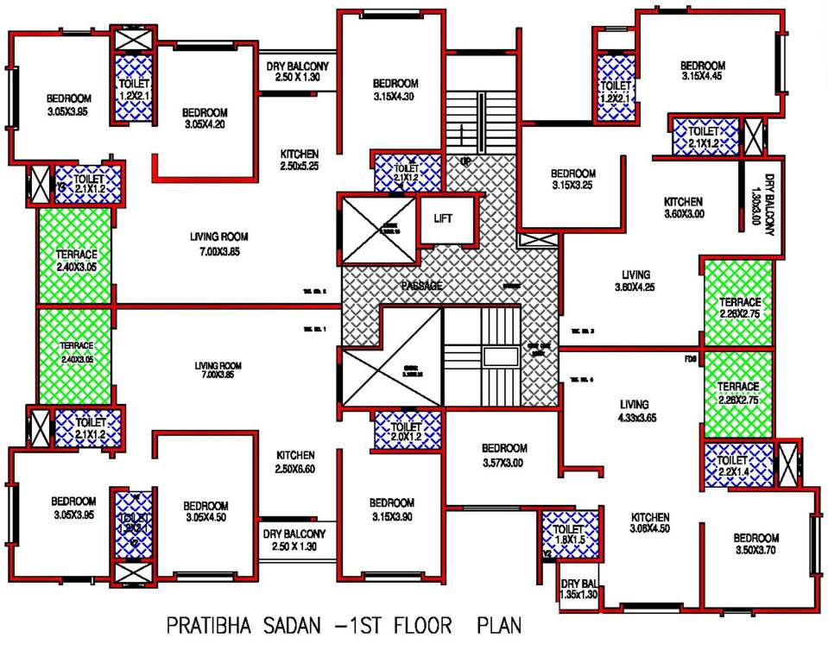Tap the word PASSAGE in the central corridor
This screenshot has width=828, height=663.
tap(420, 286)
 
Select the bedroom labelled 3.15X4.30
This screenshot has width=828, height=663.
tap(395, 90)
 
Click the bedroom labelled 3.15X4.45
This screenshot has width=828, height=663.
tap(701, 71)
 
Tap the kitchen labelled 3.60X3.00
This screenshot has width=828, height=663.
tap(684, 207)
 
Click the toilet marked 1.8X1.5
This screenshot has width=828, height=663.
tap(569, 534)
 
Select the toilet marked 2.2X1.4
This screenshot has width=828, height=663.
tap(736, 466)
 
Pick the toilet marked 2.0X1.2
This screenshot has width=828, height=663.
tap(407, 432)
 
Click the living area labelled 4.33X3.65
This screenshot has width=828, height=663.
tap(639, 410)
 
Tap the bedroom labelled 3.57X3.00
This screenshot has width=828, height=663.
tap(504, 455)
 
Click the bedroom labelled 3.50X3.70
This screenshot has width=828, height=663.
tap(757, 543)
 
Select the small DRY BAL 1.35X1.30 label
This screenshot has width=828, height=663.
tap(578, 590)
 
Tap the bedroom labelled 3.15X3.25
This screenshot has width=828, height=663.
tap(573, 179)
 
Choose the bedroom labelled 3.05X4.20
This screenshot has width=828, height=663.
tap(205, 118)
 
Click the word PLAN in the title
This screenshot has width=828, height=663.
tap(499, 624)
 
